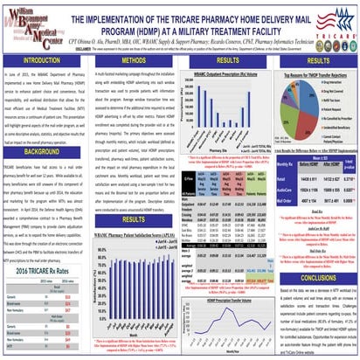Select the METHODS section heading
(x=130, y=64)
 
